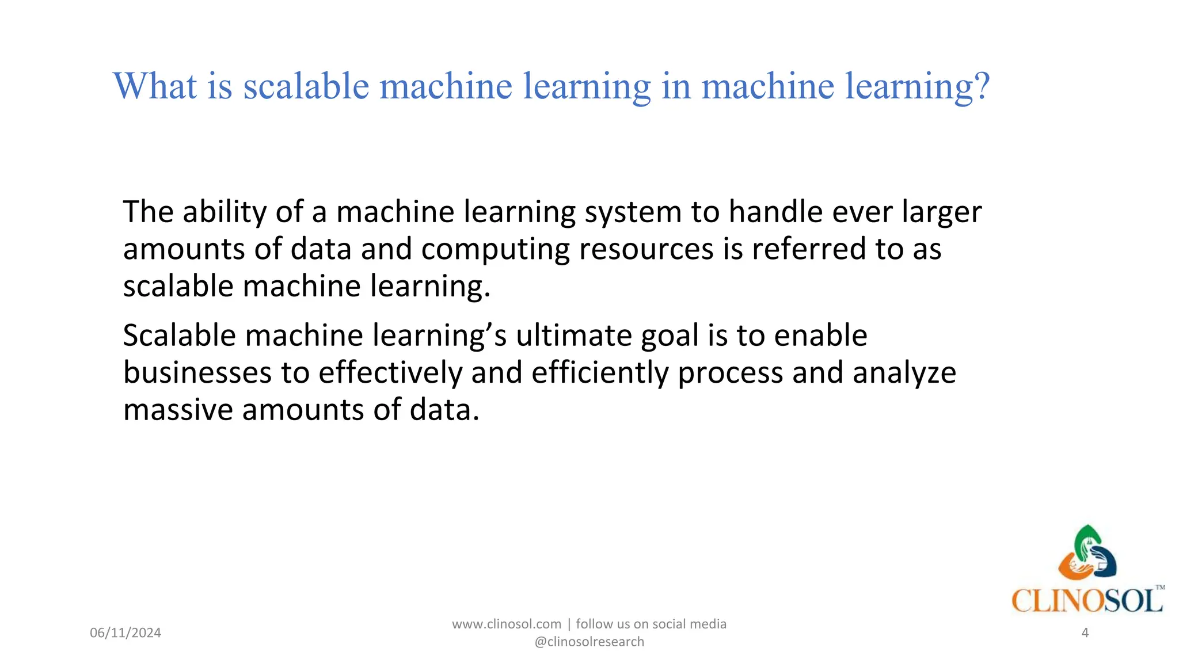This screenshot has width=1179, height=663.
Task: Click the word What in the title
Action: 155,86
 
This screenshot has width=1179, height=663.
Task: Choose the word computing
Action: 495,250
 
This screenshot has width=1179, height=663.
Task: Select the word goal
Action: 670,336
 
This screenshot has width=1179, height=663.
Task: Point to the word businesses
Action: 197,372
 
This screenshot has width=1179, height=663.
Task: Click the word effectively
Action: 390,372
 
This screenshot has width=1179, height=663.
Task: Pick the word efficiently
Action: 599,372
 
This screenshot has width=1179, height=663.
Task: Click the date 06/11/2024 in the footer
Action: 125,633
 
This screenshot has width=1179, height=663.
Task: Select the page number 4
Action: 1085,633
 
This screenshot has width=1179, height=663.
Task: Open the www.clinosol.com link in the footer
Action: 507,624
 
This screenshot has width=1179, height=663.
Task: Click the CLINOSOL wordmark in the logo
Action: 1087,601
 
